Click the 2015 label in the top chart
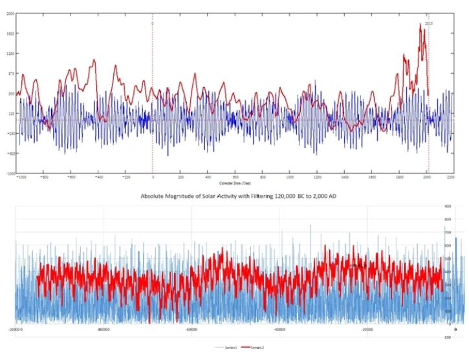[x=429, y=23]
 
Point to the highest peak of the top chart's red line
[x=420, y=25]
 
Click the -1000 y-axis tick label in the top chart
[x=10, y=173]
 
